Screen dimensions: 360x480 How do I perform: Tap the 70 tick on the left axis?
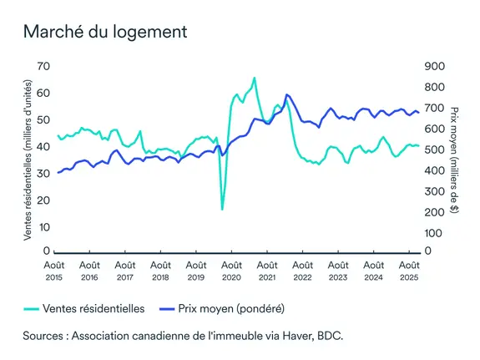tap(44, 66)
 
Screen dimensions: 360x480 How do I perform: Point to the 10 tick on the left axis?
tap(44, 226)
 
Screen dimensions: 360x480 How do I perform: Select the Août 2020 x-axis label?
tap(231, 270)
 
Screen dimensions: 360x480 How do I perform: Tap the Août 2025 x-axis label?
tap(408, 270)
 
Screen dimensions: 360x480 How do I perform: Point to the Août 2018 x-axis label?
tap(160, 270)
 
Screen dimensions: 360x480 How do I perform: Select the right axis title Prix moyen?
tap(455, 159)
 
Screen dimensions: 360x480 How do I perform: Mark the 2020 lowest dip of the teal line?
tap(222, 208)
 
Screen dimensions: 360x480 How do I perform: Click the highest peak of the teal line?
tap(254, 79)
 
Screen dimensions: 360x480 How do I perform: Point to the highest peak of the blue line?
tap(286, 95)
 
